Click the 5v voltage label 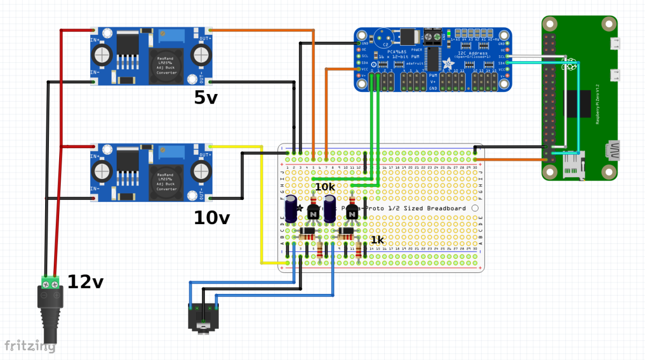tap(206, 98)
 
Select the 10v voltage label tap(212, 218)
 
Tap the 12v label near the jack tap(85, 281)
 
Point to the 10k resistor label tap(325, 186)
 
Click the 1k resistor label tap(377, 240)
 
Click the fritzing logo tap(30, 346)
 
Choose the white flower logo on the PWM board tap(447, 63)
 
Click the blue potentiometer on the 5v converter tap(179, 35)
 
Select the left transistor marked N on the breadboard tap(313, 213)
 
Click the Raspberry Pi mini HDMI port tap(611, 150)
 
